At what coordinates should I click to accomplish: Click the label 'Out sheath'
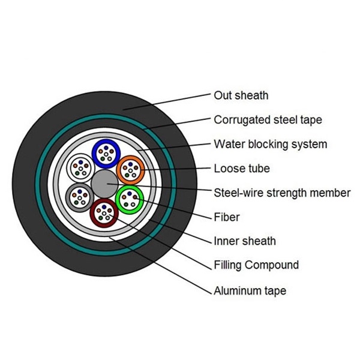click(x=241, y=95)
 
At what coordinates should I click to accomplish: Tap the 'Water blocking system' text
click(x=270, y=145)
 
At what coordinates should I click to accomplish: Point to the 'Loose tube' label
click(x=242, y=169)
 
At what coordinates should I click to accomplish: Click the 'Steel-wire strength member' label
click(x=282, y=193)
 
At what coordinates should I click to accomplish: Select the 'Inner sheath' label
click(x=245, y=241)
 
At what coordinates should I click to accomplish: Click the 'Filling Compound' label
click(x=256, y=265)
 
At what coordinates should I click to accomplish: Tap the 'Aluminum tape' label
click(x=250, y=291)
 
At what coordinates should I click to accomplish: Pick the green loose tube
click(x=129, y=199)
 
